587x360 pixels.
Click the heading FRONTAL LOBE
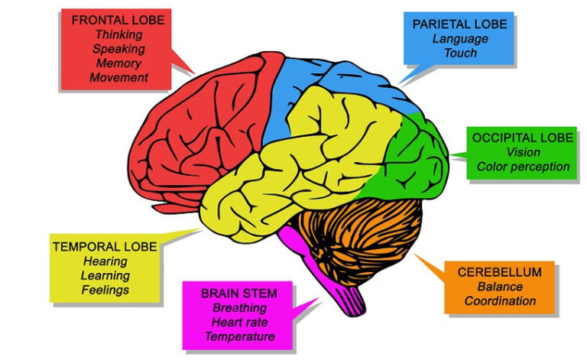pyautogui.click(x=118, y=20)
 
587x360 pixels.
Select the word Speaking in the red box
pyautogui.click(x=118, y=48)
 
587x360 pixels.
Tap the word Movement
pyautogui.click(x=118, y=77)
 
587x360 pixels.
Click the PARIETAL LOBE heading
pyautogui.click(x=459, y=24)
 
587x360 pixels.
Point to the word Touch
pyautogui.click(x=459, y=53)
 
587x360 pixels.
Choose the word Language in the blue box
pyautogui.click(x=459, y=38)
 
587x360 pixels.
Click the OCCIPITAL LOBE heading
pyautogui.click(x=522, y=138)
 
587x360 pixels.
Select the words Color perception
pyautogui.click(x=523, y=167)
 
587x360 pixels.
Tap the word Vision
pyautogui.click(x=523, y=152)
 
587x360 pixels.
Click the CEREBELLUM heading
pyautogui.click(x=500, y=272)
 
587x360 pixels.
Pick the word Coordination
pyautogui.click(x=500, y=300)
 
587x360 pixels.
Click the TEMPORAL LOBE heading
pyautogui.click(x=105, y=247)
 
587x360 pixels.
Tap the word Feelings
pyautogui.click(x=105, y=290)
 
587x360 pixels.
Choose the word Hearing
pyautogui.click(x=105, y=261)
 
